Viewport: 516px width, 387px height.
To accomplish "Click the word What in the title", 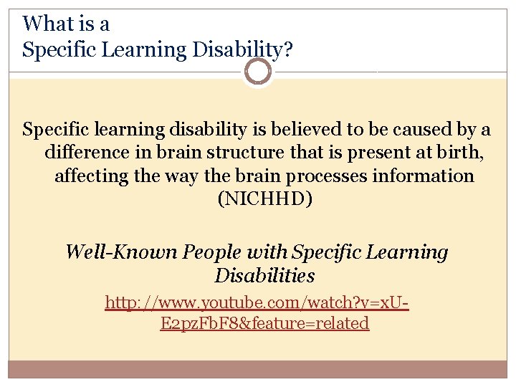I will coord(49,24).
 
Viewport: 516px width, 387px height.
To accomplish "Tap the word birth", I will coord(446,153).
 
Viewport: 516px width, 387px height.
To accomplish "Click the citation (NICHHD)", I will coord(264,199).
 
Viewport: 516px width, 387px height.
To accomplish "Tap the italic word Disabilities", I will coord(264,275).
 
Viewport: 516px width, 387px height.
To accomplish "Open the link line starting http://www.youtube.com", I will coord(257,302).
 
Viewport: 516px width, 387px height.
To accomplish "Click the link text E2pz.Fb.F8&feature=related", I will coord(265,323).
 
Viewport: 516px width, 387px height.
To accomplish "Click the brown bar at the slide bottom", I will coord(258,368).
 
